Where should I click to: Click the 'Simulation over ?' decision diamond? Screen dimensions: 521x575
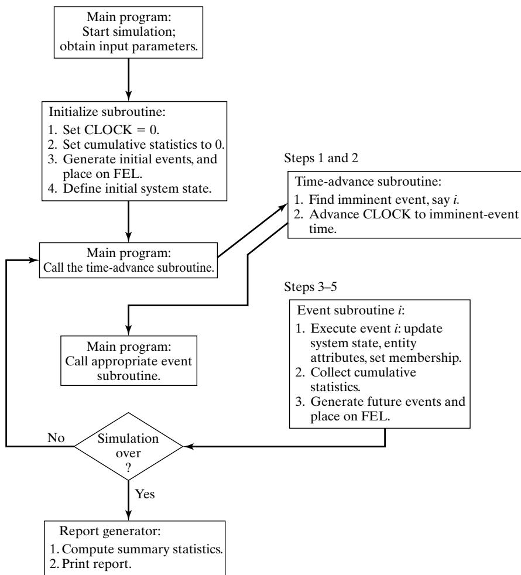pyautogui.click(x=128, y=446)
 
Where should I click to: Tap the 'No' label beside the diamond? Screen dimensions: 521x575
pyautogui.click(x=56, y=437)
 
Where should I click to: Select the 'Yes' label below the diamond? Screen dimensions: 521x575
pyautogui.click(x=145, y=494)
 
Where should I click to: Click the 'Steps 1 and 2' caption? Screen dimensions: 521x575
pyautogui.click(x=321, y=158)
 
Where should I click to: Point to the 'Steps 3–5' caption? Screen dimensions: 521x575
pyautogui.click(x=310, y=286)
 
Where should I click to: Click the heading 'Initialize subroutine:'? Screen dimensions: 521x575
pyautogui.click(x=107, y=111)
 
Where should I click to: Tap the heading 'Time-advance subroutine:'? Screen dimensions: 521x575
pyautogui.click(x=368, y=181)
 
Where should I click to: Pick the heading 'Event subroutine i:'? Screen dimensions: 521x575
pyautogui.click(x=351, y=310)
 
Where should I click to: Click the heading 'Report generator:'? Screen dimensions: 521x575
pyautogui.click(x=110, y=530)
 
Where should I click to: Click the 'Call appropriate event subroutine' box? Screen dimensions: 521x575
pyautogui.click(x=129, y=361)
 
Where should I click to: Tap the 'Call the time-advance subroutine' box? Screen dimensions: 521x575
pyautogui.click(x=128, y=260)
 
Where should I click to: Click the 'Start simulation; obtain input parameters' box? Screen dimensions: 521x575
pyautogui.click(x=128, y=32)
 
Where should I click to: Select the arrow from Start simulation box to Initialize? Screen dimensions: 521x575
pyautogui.click(x=128, y=80)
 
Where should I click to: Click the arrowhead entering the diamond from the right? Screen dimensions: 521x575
pyautogui.click(x=187, y=446)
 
